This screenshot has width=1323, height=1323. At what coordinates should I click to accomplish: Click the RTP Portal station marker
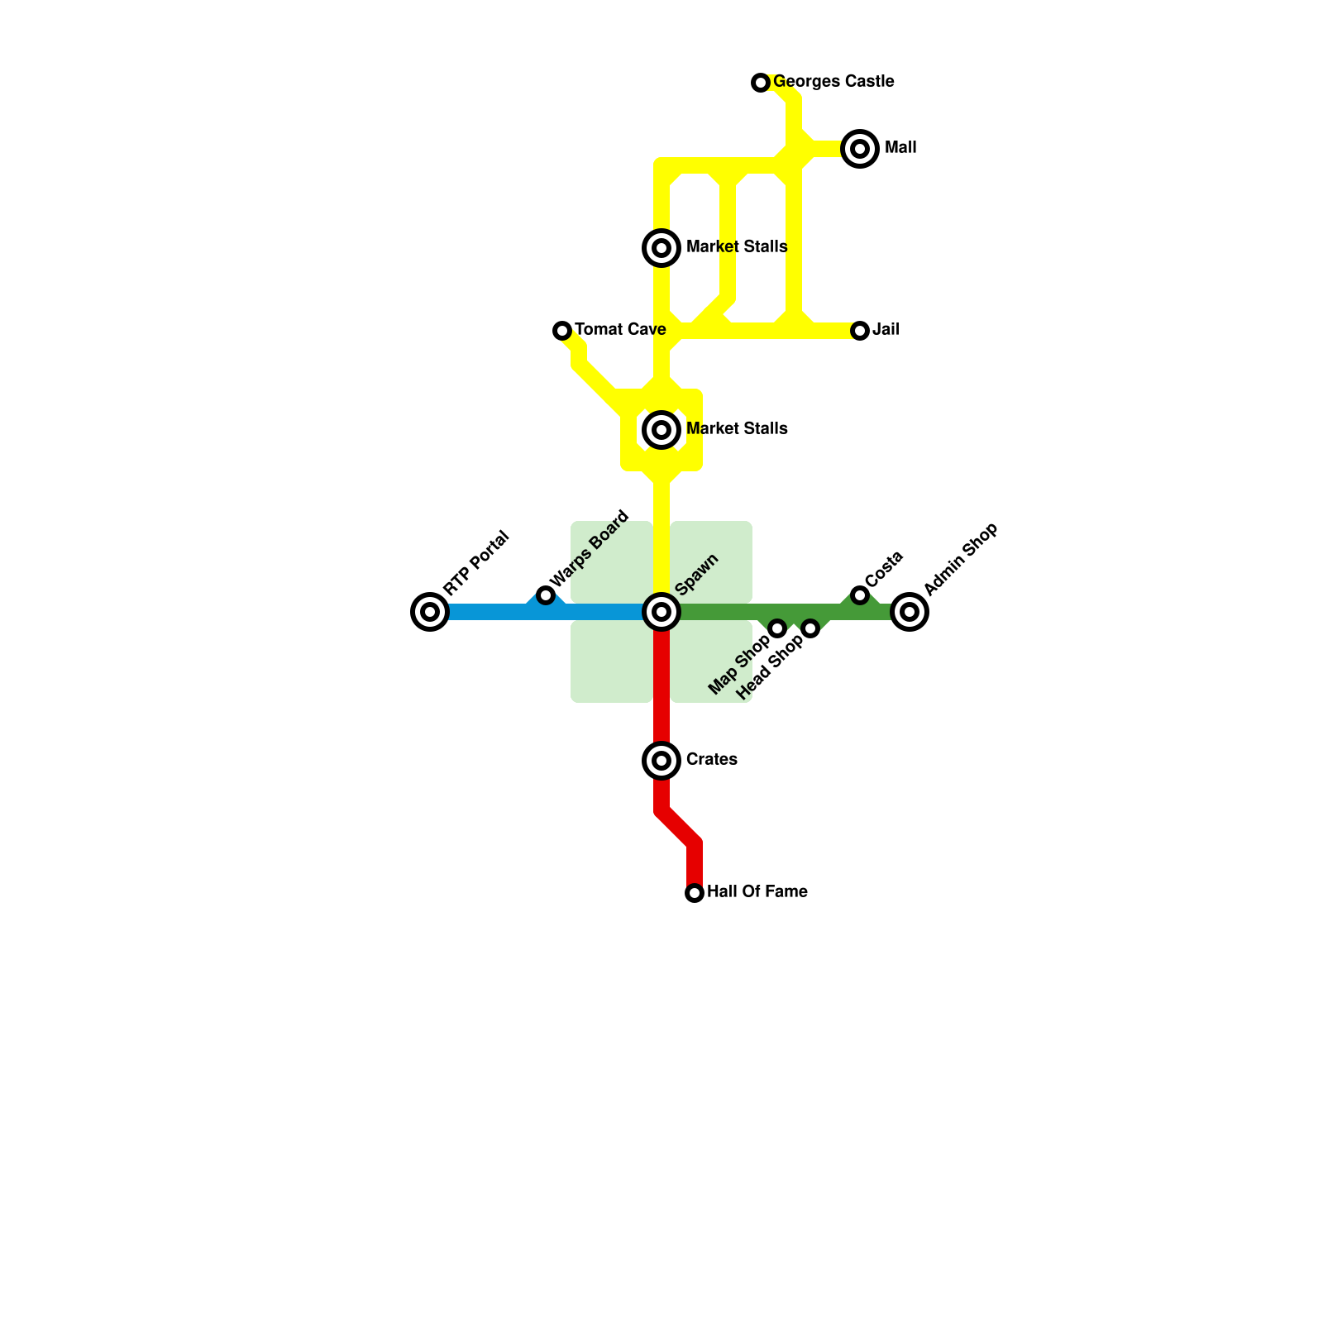[430, 612]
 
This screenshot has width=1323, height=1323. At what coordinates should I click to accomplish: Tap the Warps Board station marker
[546, 595]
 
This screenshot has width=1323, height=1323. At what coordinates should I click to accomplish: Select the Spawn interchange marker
[661, 612]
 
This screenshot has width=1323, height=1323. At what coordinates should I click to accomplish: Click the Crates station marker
[661, 761]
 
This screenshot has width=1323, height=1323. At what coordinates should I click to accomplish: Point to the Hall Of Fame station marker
[695, 893]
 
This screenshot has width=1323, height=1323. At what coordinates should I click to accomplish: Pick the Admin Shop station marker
[910, 612]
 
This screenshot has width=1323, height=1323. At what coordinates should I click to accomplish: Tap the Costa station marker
[860, 595]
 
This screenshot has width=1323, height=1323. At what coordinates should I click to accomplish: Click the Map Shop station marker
[777, 628]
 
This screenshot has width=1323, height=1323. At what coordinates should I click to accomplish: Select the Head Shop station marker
[810, 628]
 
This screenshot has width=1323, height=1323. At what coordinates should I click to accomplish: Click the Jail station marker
[860, 331]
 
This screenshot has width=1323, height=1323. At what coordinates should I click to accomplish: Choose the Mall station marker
[860, 149]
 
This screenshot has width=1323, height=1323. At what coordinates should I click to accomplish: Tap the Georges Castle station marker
[761, 83]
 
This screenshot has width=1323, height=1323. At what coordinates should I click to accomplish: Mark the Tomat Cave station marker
[562, 331]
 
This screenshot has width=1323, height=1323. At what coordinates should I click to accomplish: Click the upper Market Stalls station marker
[661, 248]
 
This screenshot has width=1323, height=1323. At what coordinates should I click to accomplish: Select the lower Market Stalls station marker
[661, 430]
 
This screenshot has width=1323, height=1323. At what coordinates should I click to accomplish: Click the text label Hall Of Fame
[757, 892]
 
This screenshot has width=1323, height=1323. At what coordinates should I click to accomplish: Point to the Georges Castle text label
[833, 82]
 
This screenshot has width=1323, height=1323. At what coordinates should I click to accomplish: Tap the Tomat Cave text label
[620, 330]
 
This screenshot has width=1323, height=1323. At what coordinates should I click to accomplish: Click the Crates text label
[711, 760]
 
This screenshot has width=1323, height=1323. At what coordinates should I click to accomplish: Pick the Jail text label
[886, 330]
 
